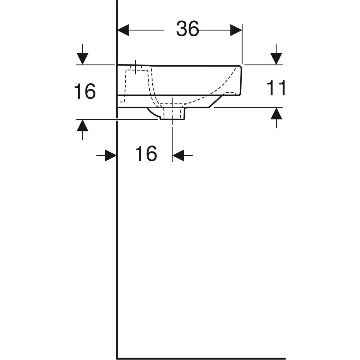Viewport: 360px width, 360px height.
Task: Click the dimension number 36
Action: pyautogui.click(x=187, y=29)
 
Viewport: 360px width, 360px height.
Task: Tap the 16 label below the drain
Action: pyautogui.click(x=146, y=154)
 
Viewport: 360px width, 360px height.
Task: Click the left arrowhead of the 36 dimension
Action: pyautogui.click(x=123, y=30)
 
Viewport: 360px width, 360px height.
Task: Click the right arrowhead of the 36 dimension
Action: pyautogui.click(x=236, y=30)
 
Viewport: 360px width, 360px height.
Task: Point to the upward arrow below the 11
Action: pyautogui.click(x=276, y=114)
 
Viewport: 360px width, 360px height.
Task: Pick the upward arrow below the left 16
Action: pyautogui.click(x=82, y=126)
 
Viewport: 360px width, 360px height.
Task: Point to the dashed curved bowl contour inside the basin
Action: pyautogui.click(x=210, y=90)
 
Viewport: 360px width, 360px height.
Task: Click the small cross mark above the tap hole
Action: pyautogui.click(x=136, y=67)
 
